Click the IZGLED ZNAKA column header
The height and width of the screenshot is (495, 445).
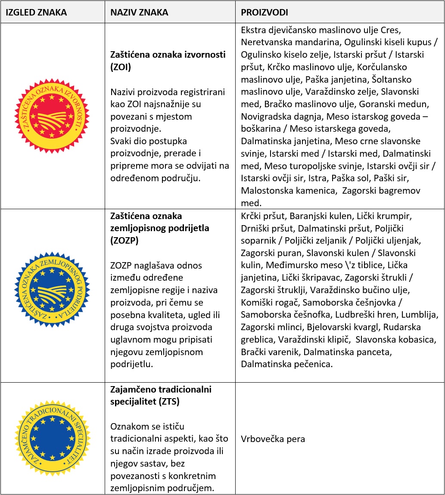coord(36,12)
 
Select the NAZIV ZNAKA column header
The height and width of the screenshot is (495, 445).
coord(139,12)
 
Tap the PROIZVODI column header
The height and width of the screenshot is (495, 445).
coord(265,12)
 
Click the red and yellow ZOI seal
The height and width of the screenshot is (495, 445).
coord(52,116)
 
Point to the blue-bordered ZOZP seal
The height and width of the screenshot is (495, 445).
coord(52,289)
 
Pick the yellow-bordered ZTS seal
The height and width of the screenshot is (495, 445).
coord(52,439)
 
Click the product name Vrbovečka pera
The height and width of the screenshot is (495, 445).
coord(273,439)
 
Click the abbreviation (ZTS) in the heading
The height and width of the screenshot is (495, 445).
coord(167,402)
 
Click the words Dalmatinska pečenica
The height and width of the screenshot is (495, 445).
coord(287,364)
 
